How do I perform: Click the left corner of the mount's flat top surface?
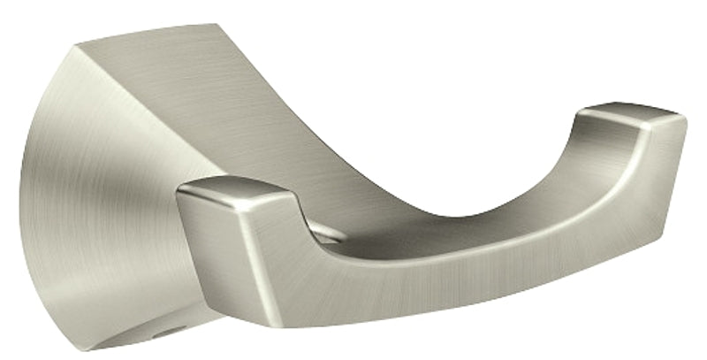77,44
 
